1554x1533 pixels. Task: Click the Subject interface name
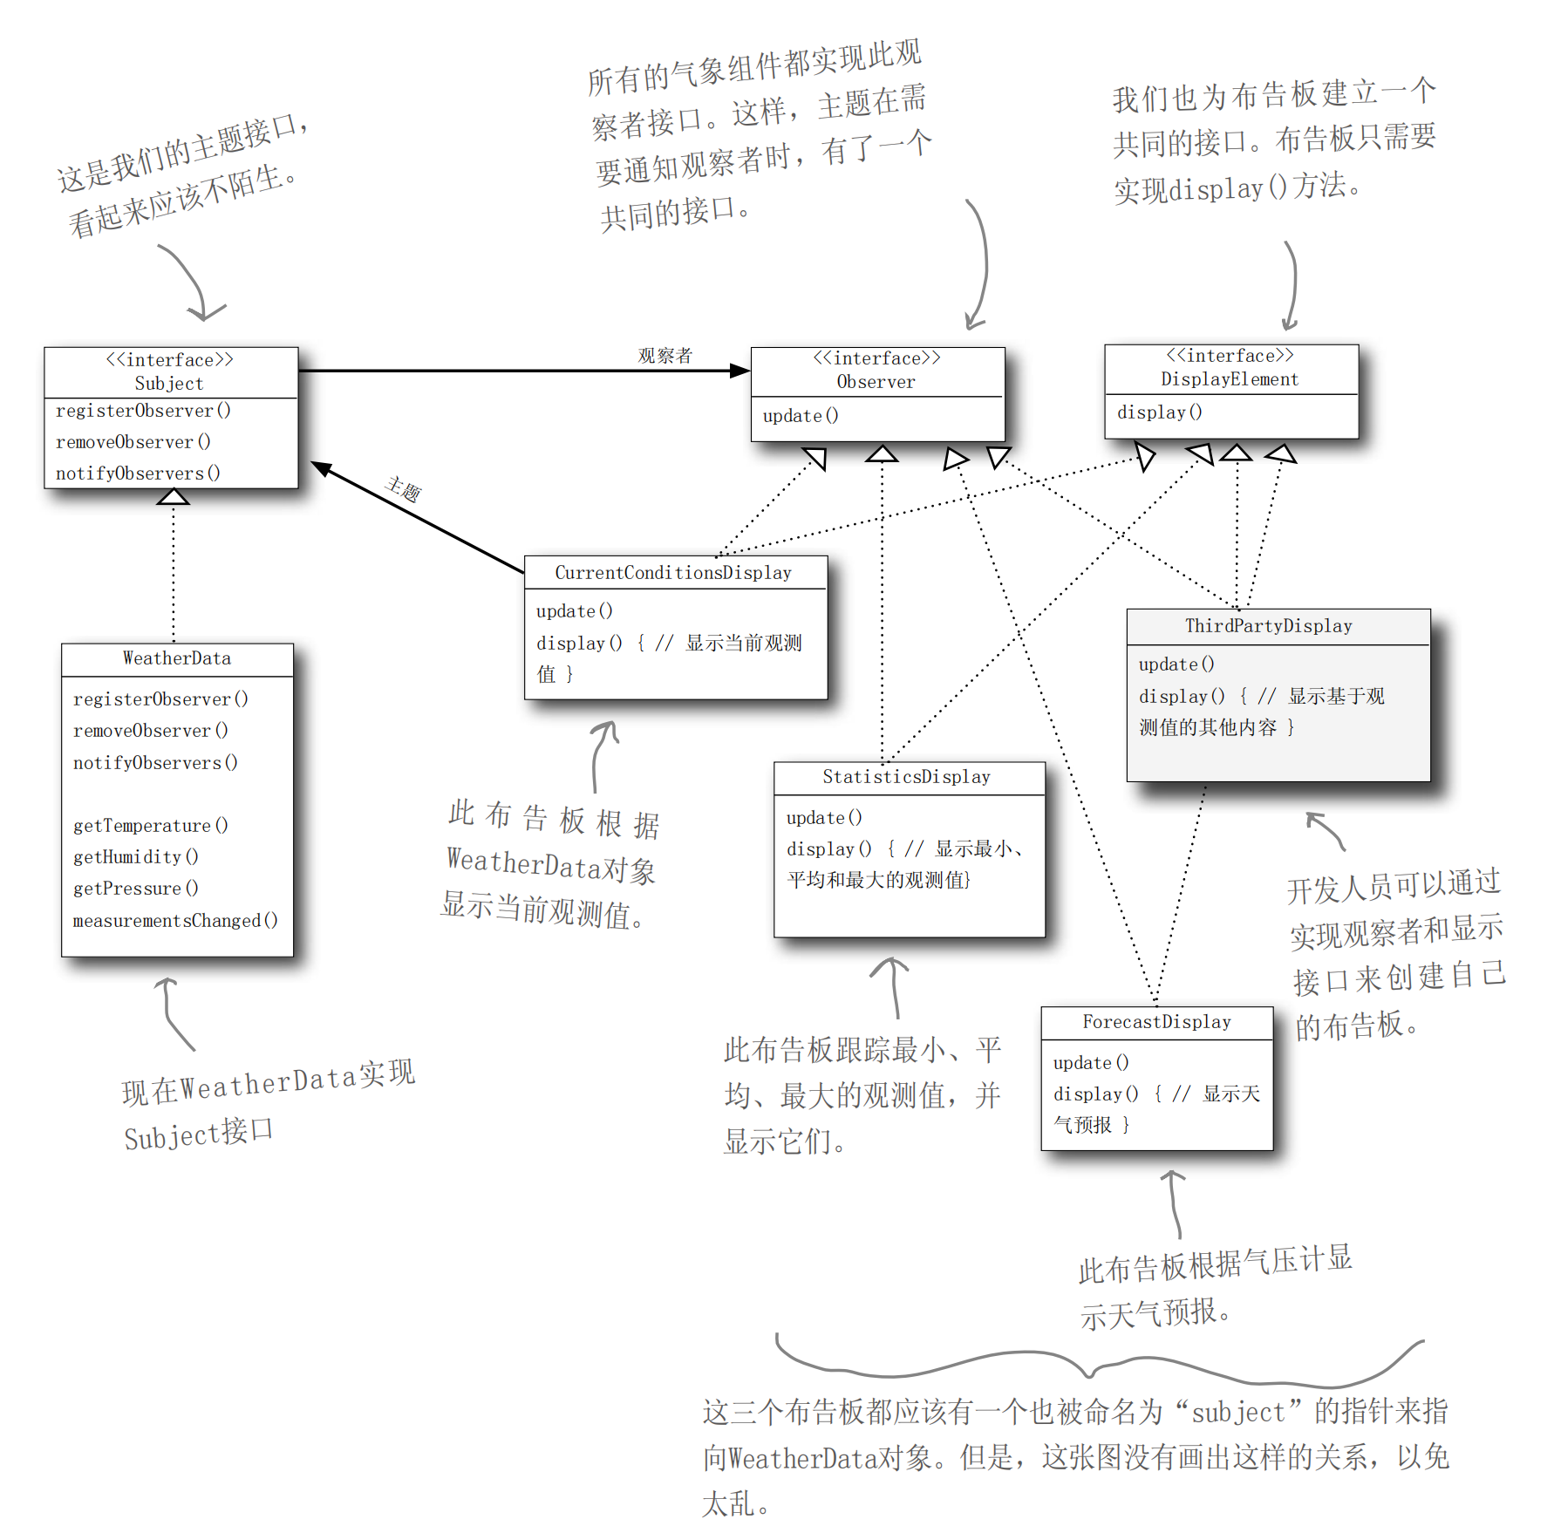[x=169, y=384]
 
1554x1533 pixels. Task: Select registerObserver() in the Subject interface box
[x=143, y=411]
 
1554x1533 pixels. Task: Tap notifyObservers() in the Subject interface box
[x=138, y=474]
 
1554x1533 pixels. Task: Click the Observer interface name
[x=876, y=382]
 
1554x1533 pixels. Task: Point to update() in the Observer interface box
[x=801, y=416]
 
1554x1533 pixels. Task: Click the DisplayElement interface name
[x=1230, y=379]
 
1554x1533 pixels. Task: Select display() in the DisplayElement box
[x=1159, y=412]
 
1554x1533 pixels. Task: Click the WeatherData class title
[x=177, y=658]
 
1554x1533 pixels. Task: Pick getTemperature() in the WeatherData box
[x=150, y=826]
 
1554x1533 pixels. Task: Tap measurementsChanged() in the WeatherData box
[x=175, y=921]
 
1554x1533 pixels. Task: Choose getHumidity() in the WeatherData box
[x=135, y=857]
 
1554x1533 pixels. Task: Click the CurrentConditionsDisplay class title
[x=673, y=573]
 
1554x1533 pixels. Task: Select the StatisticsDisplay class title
[x=906, y=777]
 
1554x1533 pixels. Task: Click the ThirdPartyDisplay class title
[x=1268, y=626]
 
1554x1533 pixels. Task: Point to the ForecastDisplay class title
[x=1156, y=1022]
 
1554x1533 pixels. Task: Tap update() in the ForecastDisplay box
[x=1091, y=1063]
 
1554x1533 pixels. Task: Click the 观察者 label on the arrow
[x=665, y=356]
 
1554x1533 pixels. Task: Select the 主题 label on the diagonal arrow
[x=404, y=489]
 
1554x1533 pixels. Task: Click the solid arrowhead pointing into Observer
[x=740, y=371]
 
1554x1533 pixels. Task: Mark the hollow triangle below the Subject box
[x=173, y=497]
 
